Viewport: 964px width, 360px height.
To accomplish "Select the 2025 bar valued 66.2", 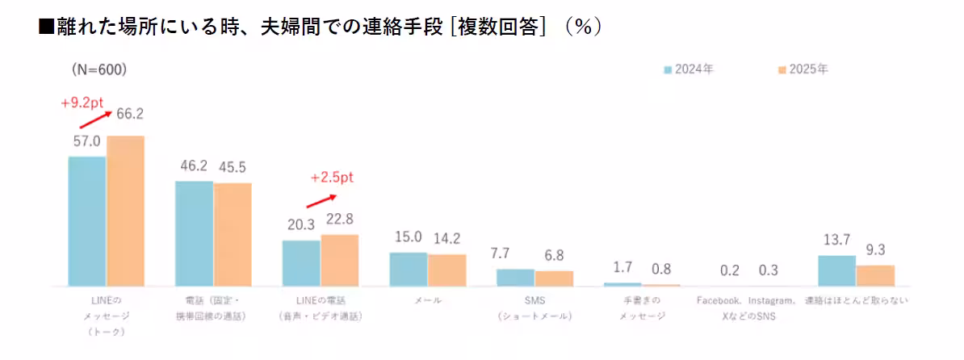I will pyautogui.click(x=125, y=211).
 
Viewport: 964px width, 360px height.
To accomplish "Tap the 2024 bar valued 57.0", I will pyautogui.click(x=87, y=221).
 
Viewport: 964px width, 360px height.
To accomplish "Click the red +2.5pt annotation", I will pyautogui.click(x=332, y=178).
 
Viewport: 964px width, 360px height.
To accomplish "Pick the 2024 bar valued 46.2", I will pyautogui.click(x=195, y=233).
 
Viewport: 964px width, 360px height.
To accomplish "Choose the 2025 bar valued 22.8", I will pyautogui.click(x=339, y=260).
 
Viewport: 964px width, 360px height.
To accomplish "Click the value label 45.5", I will pyautogui.click(x=231, y=168).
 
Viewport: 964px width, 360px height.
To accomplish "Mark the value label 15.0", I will pyautogui.click(x=408, y=237).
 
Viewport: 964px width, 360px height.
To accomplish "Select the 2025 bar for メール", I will pyautogui.click(x=446, y=270).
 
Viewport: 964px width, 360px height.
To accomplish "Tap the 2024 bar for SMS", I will pyautogui.click(x=515, y=277).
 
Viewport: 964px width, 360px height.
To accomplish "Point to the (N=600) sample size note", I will pyautogui.click(x=98, y=70).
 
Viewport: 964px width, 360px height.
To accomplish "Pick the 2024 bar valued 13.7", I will pyautogui.click(x=836, y=270).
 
